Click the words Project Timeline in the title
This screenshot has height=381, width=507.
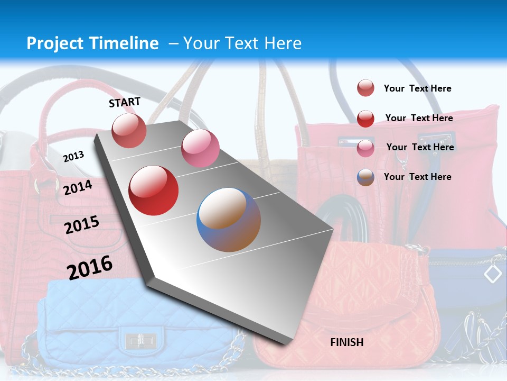click(92, 43)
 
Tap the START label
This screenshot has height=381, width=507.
click(125, 102)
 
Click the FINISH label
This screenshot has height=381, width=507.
click(347, 342)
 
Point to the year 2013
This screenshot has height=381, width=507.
click(73, 157)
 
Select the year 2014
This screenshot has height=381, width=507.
click(78, 187)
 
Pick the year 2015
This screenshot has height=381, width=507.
click(81, 225)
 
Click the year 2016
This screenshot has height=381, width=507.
click(89, 267)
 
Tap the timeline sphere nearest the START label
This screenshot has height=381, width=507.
click(129, 130)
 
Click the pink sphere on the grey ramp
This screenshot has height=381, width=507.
click(200, 148)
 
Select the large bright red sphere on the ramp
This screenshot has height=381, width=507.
click(154, 190)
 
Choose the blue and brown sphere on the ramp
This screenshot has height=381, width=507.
click(229, 220)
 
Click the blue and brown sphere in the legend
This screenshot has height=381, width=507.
click(365, 177)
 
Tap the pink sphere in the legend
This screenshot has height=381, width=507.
click(365, 148)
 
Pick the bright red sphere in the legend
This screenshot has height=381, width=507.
click(365, 119)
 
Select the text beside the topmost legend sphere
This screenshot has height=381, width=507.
click(417, 88)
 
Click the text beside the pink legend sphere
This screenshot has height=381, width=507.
click(420, 147)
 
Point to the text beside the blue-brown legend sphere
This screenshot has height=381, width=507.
click(417, 177)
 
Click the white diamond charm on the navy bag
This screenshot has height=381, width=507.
click(493, 274)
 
